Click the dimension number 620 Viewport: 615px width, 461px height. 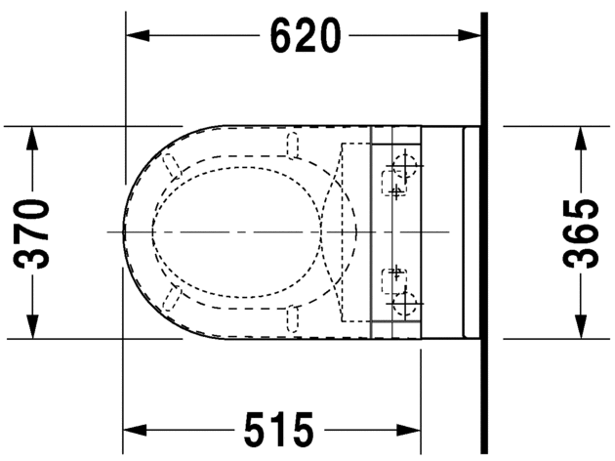306,36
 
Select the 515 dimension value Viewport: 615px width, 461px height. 278,429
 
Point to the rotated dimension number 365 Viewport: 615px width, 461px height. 582,232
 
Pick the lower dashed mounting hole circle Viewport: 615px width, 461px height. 405,304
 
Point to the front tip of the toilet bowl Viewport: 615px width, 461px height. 125,232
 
